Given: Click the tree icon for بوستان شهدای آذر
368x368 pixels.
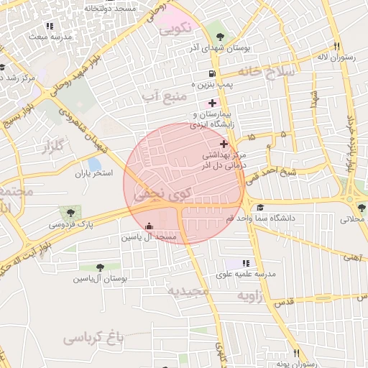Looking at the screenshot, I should (x=219, y=37).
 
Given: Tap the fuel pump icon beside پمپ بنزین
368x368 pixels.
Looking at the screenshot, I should (x=211, y=74).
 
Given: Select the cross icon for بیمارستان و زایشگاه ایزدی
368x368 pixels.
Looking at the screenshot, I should (x=212, y=103).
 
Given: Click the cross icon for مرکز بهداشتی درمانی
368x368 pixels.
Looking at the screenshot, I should (x=224, y=144).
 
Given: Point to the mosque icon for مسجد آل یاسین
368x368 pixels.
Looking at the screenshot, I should (x=149, y=225).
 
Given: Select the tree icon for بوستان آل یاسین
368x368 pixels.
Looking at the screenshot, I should (x=100, y=267).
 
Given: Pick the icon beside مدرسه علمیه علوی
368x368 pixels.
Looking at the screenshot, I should (x=247, y=264).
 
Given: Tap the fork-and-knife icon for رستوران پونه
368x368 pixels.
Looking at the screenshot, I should (x=296, y=353).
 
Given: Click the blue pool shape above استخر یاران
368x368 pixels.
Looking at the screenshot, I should (x=93, y=164).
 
